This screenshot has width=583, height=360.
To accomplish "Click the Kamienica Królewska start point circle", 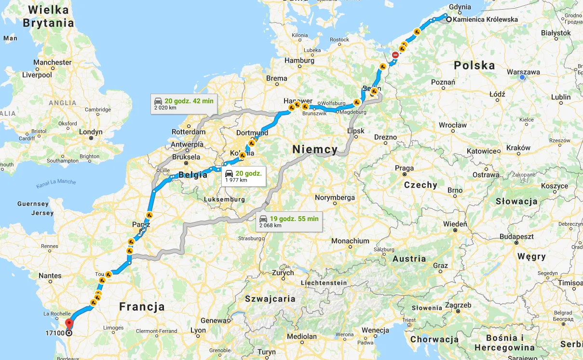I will [448, 20].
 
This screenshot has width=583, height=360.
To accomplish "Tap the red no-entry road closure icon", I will [395, 55].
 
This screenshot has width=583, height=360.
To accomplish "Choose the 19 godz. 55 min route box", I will [289, 222].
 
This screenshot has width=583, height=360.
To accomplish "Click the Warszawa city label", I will [523, 72].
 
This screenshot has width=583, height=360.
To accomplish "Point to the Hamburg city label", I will [299, 61].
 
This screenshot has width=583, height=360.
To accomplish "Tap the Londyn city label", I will [91, 132].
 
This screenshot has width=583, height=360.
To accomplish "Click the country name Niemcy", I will [315, 150].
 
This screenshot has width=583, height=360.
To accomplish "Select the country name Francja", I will [142, 306].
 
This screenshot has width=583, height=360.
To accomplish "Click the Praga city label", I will [404, 168].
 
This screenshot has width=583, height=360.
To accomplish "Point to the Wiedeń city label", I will [455, 224].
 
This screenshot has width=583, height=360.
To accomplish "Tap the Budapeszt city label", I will [516, 236].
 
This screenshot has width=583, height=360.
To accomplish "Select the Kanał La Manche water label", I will [56, 183].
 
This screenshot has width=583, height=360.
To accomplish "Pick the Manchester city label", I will [52, 62].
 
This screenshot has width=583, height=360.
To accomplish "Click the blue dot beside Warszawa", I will [522, 77].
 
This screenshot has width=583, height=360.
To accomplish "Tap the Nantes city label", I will [50, 276].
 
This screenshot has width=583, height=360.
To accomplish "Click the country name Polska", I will [475, 65].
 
